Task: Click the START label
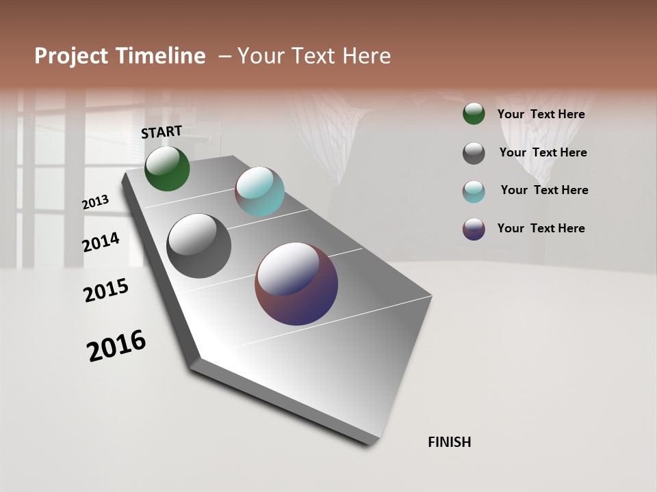coord(162,132)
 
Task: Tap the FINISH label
coord(450,442)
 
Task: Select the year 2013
coord(96,202)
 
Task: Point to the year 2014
coord(101,242)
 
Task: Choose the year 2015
coord(106,290)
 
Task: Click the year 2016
coord(116,346)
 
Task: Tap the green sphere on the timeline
coord(167,169)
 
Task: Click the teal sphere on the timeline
coord(259,191)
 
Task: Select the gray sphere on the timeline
coord(198,246)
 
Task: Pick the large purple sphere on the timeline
coord(296,284)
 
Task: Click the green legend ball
coord(474,113)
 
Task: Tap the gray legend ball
coord(474,153)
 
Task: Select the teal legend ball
coord(474,191)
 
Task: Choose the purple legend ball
coord(474,229)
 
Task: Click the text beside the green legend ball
coord(541,114)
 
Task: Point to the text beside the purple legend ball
coord(541,228)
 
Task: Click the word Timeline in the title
coord(163,56)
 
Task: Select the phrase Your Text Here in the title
coord(314,56)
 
